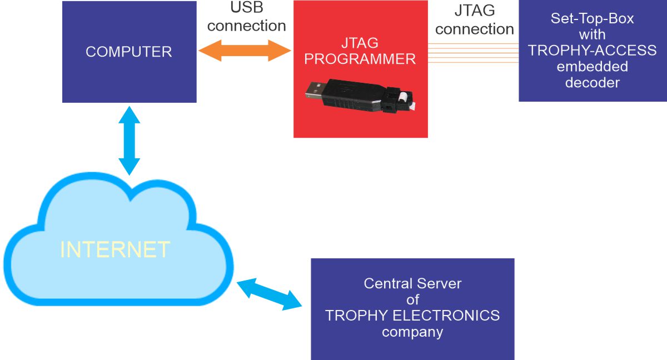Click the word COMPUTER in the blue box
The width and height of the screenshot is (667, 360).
[129, 52]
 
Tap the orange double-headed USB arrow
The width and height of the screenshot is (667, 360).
[245, 51]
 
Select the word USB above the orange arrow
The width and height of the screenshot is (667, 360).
[247, 7]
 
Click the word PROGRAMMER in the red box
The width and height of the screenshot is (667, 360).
[360, 59]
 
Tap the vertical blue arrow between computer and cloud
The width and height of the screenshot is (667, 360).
[129, 141]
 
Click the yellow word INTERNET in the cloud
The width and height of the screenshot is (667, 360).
[115, 249]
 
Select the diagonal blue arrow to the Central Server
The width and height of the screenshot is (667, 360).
[269, 294]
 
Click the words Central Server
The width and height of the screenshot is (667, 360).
[412, 283]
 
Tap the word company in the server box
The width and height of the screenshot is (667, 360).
[412, 332]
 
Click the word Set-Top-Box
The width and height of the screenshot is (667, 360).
[593, 18]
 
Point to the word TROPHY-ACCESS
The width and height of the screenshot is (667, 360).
[593, 51]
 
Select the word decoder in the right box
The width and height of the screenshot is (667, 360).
[593, 82]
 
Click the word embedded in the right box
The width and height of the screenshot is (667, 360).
[593, 66]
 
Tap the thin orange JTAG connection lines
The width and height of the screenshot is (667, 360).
[474, 53]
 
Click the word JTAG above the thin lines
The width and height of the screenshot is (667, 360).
[475, 11]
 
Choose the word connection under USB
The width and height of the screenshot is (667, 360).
[247, 26]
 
